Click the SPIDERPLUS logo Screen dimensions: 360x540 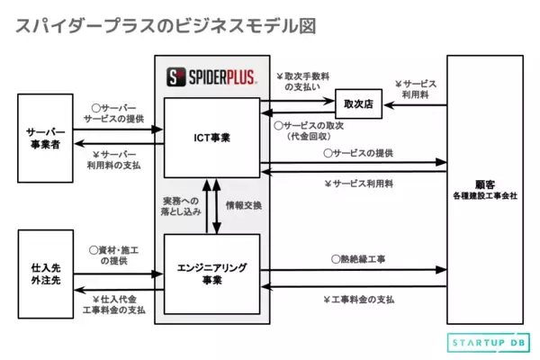tap(212, 76)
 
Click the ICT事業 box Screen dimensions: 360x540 tap(212, 138)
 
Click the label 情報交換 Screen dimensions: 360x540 tap(244, 205)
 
